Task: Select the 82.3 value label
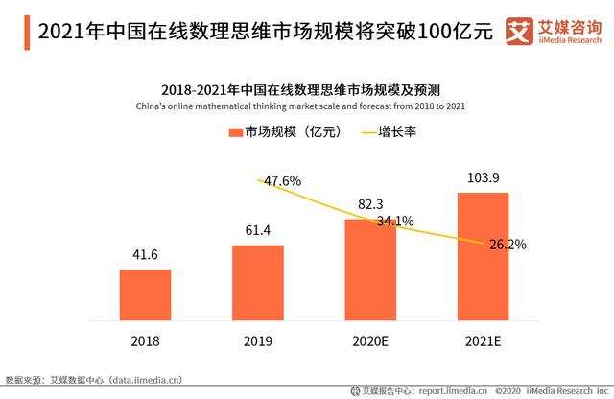click(370, 204)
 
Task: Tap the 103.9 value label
click(483, 178)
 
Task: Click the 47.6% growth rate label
click(282, 180)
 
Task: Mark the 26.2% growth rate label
click(508, 244)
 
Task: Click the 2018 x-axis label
click(145, 340)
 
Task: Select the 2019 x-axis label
click(258, 340)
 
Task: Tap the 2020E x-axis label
click(370, 340)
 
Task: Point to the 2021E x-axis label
click(484, 340)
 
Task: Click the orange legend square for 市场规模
click(235, 132)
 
